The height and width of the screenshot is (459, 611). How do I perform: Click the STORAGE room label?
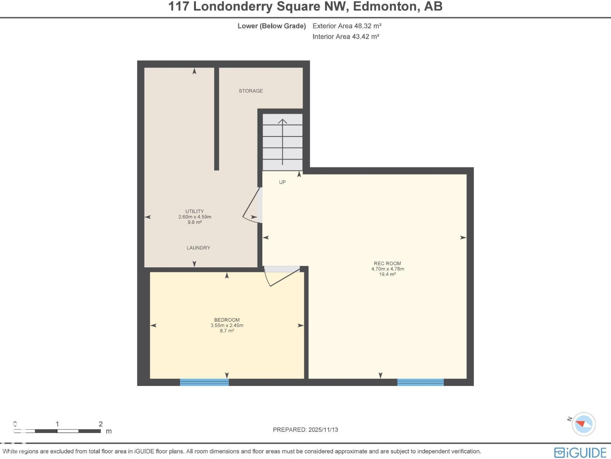point(251,91)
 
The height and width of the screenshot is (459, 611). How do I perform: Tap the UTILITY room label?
point(194,211)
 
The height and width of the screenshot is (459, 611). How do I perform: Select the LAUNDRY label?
point(198,248)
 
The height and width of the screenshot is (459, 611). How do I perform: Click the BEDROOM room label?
point(227,320)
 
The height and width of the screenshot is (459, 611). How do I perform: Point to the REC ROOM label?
point(387,264)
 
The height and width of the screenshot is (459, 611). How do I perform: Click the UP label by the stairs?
point(282,182)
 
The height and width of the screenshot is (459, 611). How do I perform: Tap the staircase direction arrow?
point(282,142)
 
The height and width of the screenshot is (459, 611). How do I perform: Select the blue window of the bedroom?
point(204,382)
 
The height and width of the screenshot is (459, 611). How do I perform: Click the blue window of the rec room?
point(420,382)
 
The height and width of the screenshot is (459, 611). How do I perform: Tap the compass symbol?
point(584,424)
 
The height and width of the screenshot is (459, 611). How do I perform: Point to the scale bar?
point(57,431)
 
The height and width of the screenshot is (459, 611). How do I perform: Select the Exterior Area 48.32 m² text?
point(347,26)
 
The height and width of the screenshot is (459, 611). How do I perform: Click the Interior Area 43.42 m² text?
point(346,37)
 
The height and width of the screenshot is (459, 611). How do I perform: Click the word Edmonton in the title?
point(386,7)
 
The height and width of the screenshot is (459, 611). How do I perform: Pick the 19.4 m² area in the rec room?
point(387,274)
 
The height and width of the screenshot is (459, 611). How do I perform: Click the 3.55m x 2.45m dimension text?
point(227,326)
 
